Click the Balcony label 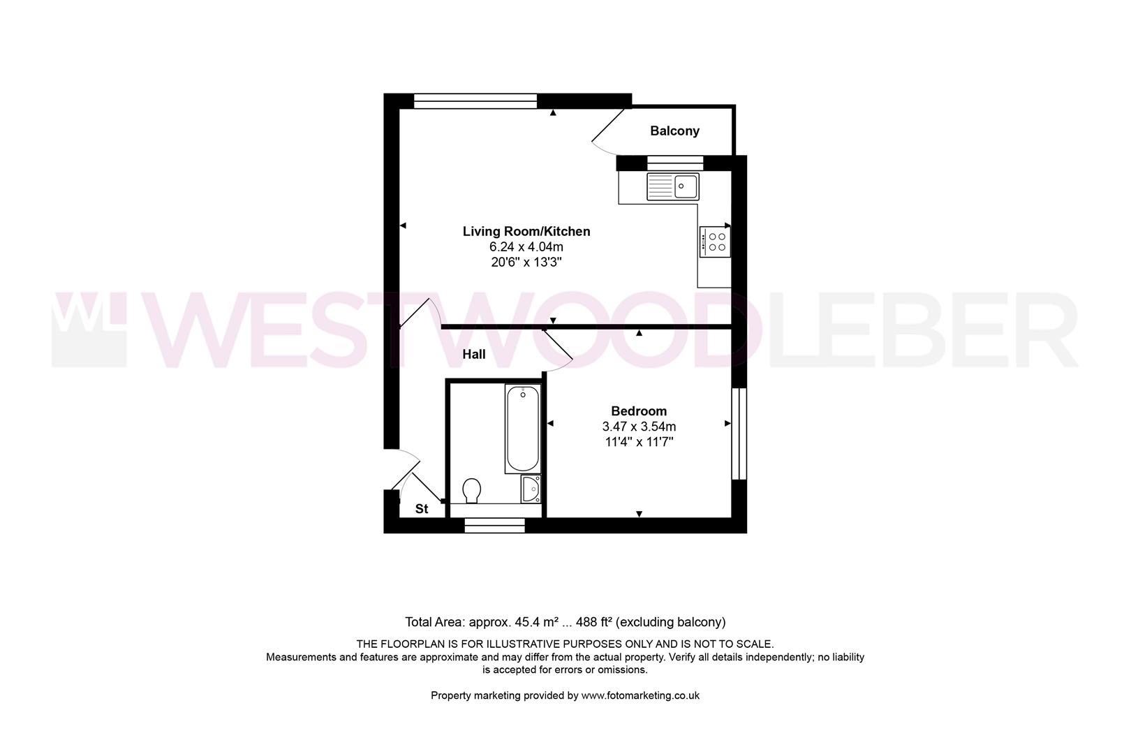pos(674,131)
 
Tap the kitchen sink pos(672,186)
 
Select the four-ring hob pos(715,242)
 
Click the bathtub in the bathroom pos(522,429)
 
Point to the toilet pos(472,490)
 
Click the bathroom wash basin pos(531,489)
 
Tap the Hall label pos(474,355)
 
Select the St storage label pos(422,509)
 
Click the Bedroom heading pos(639,411)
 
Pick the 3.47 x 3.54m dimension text pos(639,427)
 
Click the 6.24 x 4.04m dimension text pos(526,247)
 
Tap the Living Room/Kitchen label pos(526,232)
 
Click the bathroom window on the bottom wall pos(494,526)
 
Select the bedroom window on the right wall pos(739,433)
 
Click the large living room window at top pos(475,101)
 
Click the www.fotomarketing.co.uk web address pos(640,695)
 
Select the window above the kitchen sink pos(674,163)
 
